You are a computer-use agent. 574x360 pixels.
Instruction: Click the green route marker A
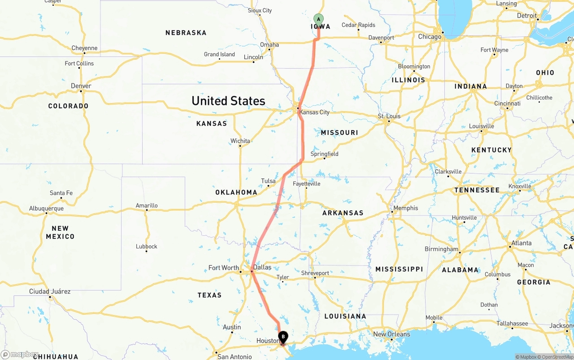tap(318, 19)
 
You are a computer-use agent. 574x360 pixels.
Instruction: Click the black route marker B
tap(283, 337)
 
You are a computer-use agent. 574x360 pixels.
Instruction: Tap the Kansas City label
tap(314, 112)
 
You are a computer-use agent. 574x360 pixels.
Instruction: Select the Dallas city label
tap(262, 267)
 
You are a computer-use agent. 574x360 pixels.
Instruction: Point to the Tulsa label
tap(268, 181)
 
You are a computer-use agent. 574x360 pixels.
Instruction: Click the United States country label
tap(228, 101)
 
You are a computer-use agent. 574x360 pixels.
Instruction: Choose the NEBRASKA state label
tap(186, 33)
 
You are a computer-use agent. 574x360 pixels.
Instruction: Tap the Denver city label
tap(81, 86)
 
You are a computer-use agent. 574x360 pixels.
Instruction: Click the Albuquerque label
tap(46, 208)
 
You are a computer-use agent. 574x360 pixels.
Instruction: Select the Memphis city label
tap(405, 208)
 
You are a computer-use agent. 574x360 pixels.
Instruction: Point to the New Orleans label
tap(391, 334)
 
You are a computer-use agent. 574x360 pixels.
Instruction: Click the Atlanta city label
tap(522, 243)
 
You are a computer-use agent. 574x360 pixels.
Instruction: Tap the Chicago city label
tap(430, 37)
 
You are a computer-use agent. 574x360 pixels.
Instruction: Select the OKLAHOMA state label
tap(236, 192)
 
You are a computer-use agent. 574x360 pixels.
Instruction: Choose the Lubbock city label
tap(147, 246)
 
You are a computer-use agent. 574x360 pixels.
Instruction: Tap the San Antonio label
tap(235, 357)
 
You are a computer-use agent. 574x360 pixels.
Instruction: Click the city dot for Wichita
tap(240, 146)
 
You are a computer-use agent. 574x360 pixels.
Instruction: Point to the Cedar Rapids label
tap(358, 25)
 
